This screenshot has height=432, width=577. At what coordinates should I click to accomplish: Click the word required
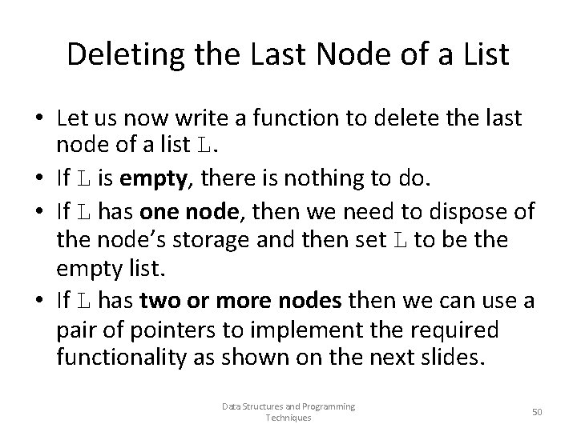tap(462, 329)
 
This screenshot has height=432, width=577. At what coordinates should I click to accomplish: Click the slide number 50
tap(537, 411)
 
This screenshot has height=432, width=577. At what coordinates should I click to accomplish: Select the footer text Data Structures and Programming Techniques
tap(288, 412)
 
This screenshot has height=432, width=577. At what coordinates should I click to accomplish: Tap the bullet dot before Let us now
tap(38, 120)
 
